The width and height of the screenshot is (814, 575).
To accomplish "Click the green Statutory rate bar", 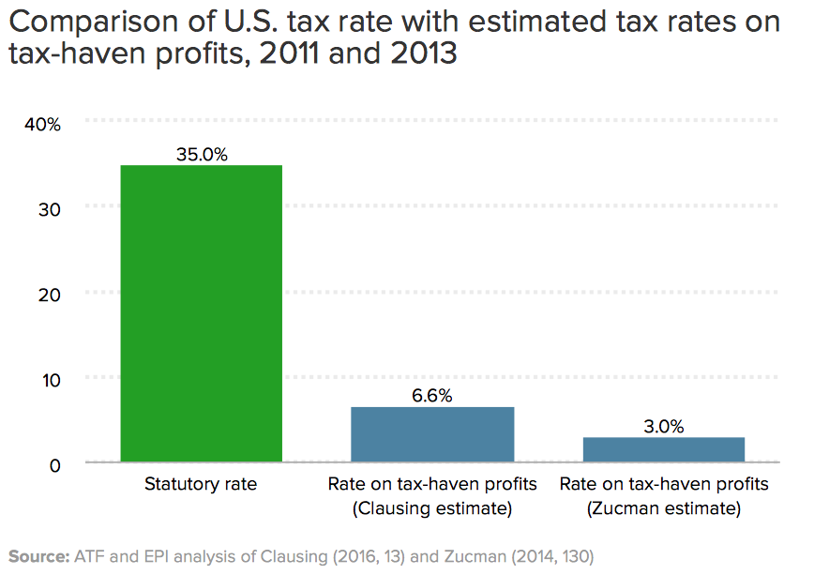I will (x=201, y=313).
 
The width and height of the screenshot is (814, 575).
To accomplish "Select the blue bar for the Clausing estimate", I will (x=432, y=434).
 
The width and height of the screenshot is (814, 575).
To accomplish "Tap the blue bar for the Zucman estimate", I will (x=664, y=449).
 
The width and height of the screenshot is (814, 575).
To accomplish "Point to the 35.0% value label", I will (x=202, y=154).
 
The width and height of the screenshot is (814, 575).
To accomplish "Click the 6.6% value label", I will (x=432, y=396).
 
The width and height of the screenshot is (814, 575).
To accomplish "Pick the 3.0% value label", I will (x=664, y=427).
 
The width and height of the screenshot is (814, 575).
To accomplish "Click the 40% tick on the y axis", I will (x=44, y=124).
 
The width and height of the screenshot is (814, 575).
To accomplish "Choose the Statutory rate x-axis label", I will (x=201, y=485).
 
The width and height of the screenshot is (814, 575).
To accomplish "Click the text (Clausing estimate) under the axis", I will (x=432, y=509).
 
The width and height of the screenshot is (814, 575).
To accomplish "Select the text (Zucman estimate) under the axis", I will (x=664, y=509).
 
